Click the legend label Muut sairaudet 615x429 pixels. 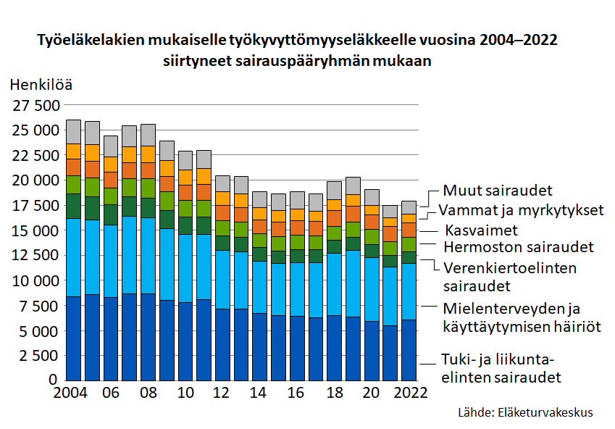[498, 191]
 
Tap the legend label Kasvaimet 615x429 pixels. [481, 230]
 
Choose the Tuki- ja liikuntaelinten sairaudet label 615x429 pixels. [501, 368]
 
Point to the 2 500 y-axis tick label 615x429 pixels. [41, 356]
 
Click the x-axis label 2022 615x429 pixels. [409, 393]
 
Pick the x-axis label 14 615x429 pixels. [259, 393]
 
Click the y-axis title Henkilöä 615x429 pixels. [41, 84]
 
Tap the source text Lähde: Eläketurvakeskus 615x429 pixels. [525, 412]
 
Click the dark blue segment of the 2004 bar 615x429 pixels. [73, 338]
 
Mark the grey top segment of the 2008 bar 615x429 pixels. [148, 134]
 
